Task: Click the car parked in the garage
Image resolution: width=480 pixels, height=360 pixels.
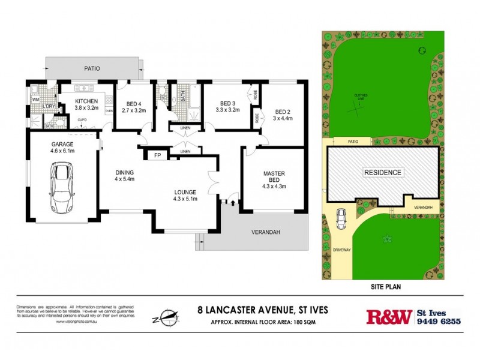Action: [61, 188]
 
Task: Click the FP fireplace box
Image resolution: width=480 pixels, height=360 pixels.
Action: [158, 155]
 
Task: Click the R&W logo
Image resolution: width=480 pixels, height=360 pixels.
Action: [388, 316]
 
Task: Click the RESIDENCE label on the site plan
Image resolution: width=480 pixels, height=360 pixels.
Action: [383, 172]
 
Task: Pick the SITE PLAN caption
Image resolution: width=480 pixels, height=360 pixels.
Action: [383, 287]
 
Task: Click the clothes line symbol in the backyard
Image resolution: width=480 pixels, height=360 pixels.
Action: [359, 109]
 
